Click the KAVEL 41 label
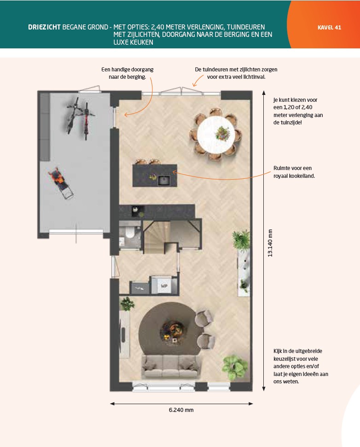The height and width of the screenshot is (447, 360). coord(329,27)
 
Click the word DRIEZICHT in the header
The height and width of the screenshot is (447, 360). coord(44,27)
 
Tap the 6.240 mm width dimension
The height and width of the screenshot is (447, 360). coord(181,410)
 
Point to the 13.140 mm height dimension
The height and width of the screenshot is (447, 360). coord(270,243)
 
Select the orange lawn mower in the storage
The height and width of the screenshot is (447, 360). coord(60,182)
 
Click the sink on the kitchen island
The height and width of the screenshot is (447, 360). coord(164,180)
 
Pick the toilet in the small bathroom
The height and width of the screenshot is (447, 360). coord(129,233)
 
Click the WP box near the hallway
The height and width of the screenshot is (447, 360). coord(164,286)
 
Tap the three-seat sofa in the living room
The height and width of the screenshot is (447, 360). coord(171,366)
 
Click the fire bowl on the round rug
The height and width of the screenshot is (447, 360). coord(172,331)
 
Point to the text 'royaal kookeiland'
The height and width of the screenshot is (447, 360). coord(294,176)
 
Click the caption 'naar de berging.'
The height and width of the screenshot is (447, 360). coord(128,77)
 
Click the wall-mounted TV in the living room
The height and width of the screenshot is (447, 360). coord(123,331)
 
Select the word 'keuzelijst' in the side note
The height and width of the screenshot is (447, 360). coord(285,359)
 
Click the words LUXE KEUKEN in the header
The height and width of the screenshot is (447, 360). coord(134,42)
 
